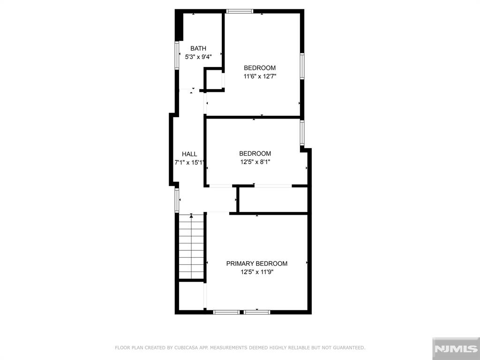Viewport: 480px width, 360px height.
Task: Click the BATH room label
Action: (x=198, y=48)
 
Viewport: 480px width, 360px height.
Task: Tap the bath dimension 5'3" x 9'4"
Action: (x=198, y=57)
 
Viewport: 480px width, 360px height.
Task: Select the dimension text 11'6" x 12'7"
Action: (x=260, y=76)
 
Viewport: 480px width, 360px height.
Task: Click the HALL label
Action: (x=189, y=154)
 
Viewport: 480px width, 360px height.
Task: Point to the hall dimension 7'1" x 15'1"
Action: (x=189, y=163)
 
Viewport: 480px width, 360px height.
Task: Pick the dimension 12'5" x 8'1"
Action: (x=255, y=162)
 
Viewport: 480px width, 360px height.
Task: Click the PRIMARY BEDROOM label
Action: (x=257, y=263)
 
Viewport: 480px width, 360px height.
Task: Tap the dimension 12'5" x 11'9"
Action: (x=257, y=272)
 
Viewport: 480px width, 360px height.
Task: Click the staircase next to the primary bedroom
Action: (x=191, y=247)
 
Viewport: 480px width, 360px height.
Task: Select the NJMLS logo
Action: (x=456, y=349)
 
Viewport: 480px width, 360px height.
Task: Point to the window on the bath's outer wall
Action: (x=177, y=55)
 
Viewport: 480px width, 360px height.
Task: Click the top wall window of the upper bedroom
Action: (x=240, y=11)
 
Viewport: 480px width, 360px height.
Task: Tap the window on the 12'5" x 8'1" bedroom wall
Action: (x=302, y=133)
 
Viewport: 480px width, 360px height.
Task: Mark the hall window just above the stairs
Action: (x=177, y=201)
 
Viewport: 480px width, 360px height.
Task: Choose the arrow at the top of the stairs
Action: (x=191, y=216)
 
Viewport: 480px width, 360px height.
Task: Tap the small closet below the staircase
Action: (x=191, y=296)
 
